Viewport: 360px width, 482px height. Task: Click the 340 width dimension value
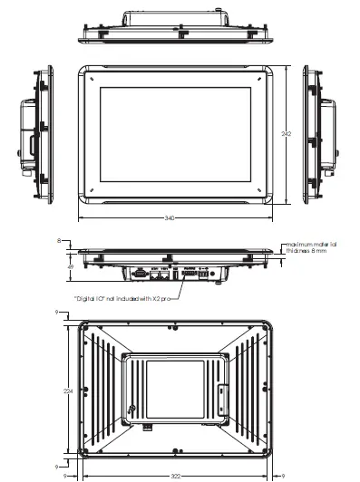(170, 218)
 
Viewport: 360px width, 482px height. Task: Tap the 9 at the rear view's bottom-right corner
(282, 474)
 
